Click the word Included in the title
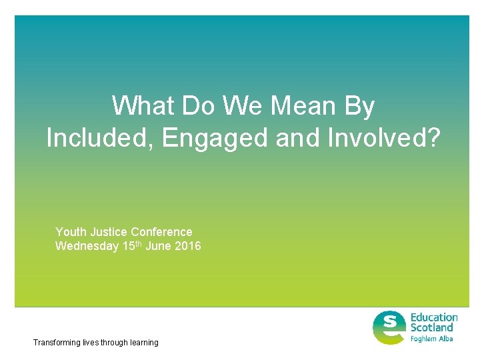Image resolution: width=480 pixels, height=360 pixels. click(x=100, y=138)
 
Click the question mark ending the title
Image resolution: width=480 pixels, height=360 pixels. click(x=433, y=138)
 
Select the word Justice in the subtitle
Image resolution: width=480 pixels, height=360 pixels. click(x=107, y=232)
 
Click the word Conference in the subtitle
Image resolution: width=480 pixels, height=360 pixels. click(x=161, y=232)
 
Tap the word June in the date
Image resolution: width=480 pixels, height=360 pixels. click(x=162, y=246)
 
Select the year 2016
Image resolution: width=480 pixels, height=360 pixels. click(x=189, y=246)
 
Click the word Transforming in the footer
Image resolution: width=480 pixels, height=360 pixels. click(x=56, y=343)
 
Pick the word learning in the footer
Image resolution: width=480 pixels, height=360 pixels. click(x=144, y=343)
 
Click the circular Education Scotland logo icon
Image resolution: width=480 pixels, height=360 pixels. click(x=389, y=327)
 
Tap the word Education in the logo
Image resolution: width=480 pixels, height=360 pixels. click(x=433, y=317)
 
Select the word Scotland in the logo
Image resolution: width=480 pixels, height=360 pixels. click(x=431, y=327)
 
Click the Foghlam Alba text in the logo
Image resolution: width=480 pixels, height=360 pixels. click(x=431, y=339)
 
